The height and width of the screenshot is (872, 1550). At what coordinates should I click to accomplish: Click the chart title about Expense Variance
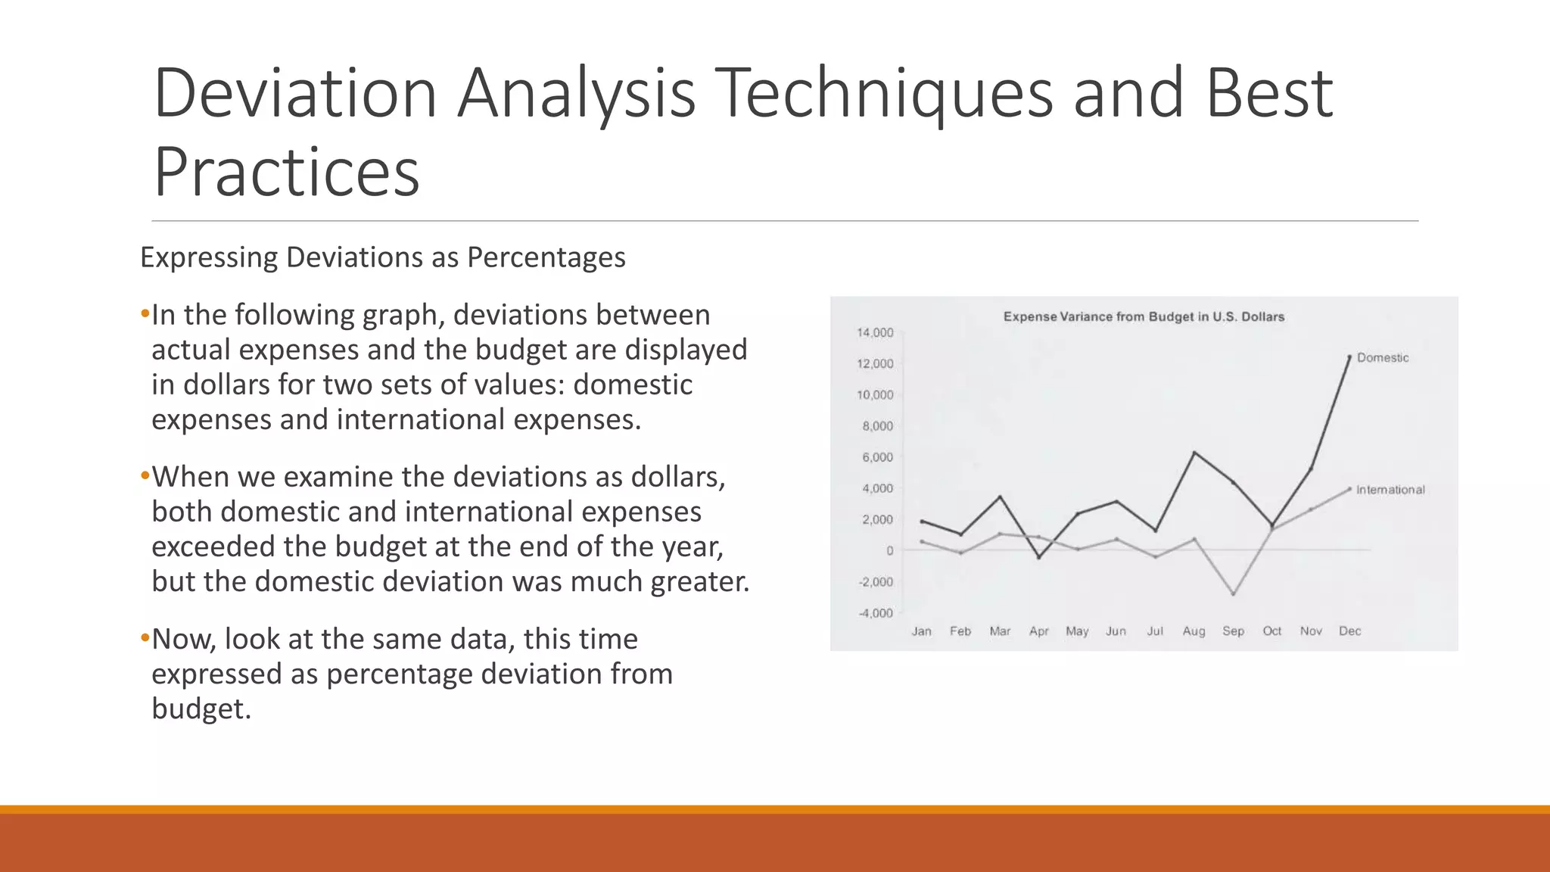click(1144, 316)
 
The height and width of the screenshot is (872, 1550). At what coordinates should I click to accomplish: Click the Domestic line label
click(1382, 357)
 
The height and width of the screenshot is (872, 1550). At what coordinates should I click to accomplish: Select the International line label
click(1390, 490)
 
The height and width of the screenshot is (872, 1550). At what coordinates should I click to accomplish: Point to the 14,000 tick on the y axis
click(875, 332)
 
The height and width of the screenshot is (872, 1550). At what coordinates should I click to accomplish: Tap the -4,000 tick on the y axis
click(875, 612)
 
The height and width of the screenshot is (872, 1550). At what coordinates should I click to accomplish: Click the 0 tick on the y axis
click(889, 550)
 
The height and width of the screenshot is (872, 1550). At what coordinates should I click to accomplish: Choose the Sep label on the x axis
click(1233, 631)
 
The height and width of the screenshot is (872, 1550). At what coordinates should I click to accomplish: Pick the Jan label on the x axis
click(921, 631)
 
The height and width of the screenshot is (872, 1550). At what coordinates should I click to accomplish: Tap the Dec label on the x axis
click(1349, 631)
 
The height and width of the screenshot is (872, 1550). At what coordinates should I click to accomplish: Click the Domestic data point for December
click(1349, 357)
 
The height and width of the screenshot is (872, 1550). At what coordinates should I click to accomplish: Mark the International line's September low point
click(1233, 594)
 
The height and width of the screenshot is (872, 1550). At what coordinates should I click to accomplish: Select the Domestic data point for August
click(1194, 453)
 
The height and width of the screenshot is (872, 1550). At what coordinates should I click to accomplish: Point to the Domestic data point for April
click(1038, 558)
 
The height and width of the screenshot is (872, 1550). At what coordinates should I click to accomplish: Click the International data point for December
click(1349, 489)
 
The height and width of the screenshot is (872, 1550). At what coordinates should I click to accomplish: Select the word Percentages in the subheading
click(546, 257)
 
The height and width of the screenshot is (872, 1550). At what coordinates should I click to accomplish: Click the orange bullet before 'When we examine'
click(145, 477)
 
